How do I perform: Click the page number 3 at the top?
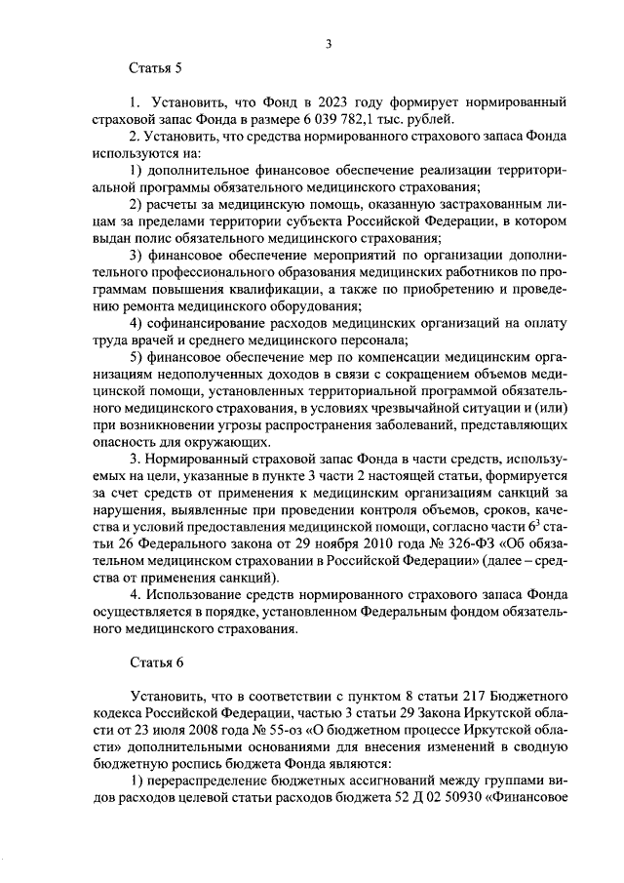pos(330,43)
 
